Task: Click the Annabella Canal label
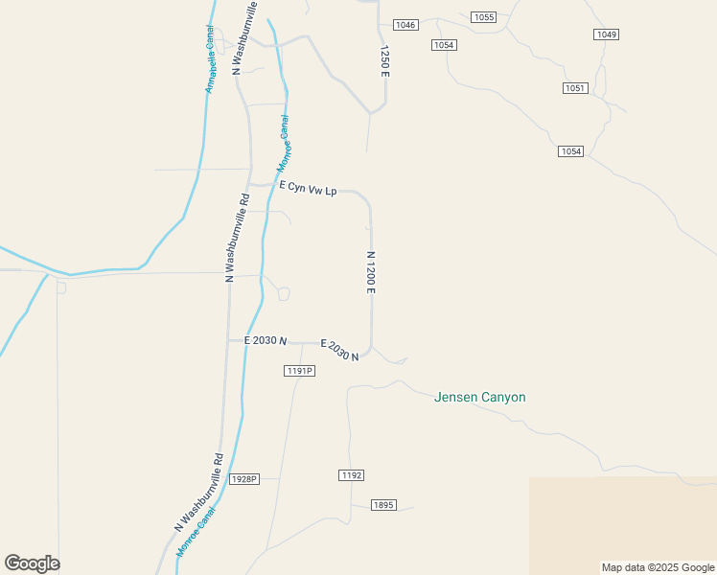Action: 209,58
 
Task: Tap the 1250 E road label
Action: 385,60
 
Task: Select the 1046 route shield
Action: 405,25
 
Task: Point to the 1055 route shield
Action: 484,17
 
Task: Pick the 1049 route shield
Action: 606,34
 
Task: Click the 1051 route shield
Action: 574,88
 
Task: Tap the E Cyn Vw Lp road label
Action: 309,191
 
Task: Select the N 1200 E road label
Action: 370,273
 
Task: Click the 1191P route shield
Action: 299,371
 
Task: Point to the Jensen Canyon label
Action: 479,397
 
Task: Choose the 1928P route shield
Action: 244,478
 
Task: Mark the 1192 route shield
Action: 351,475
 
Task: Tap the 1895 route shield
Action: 383,505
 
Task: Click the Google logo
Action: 32,563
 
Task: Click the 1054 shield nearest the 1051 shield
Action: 570,151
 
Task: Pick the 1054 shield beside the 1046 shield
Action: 443,45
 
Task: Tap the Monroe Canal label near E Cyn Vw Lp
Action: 284,144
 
